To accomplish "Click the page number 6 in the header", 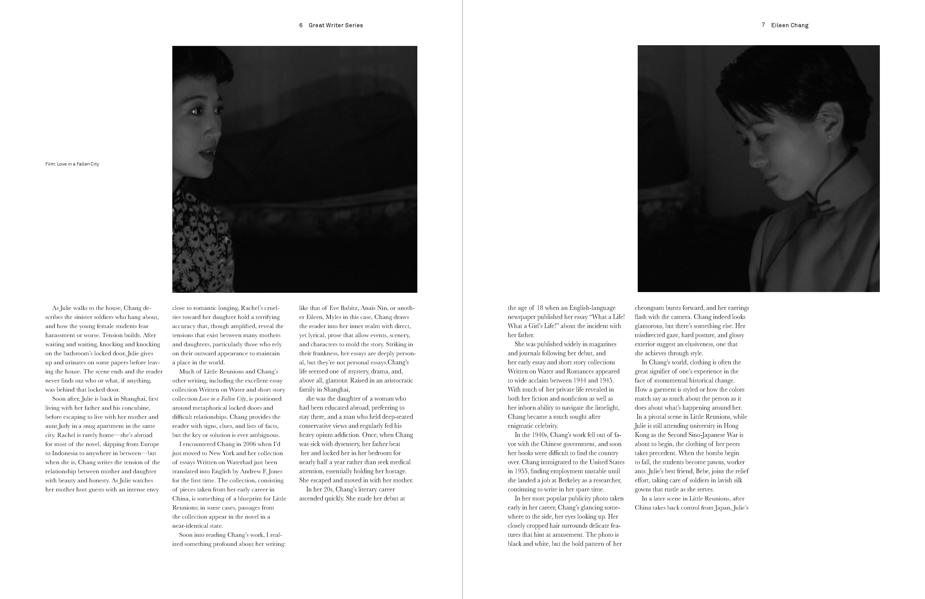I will [x=301, y=25].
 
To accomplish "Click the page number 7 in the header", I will [x=763, y=25].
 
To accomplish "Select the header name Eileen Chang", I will [x=790, y=25].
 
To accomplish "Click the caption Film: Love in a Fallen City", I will [x=72, y=164].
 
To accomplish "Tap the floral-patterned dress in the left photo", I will [x=202, y=241].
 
